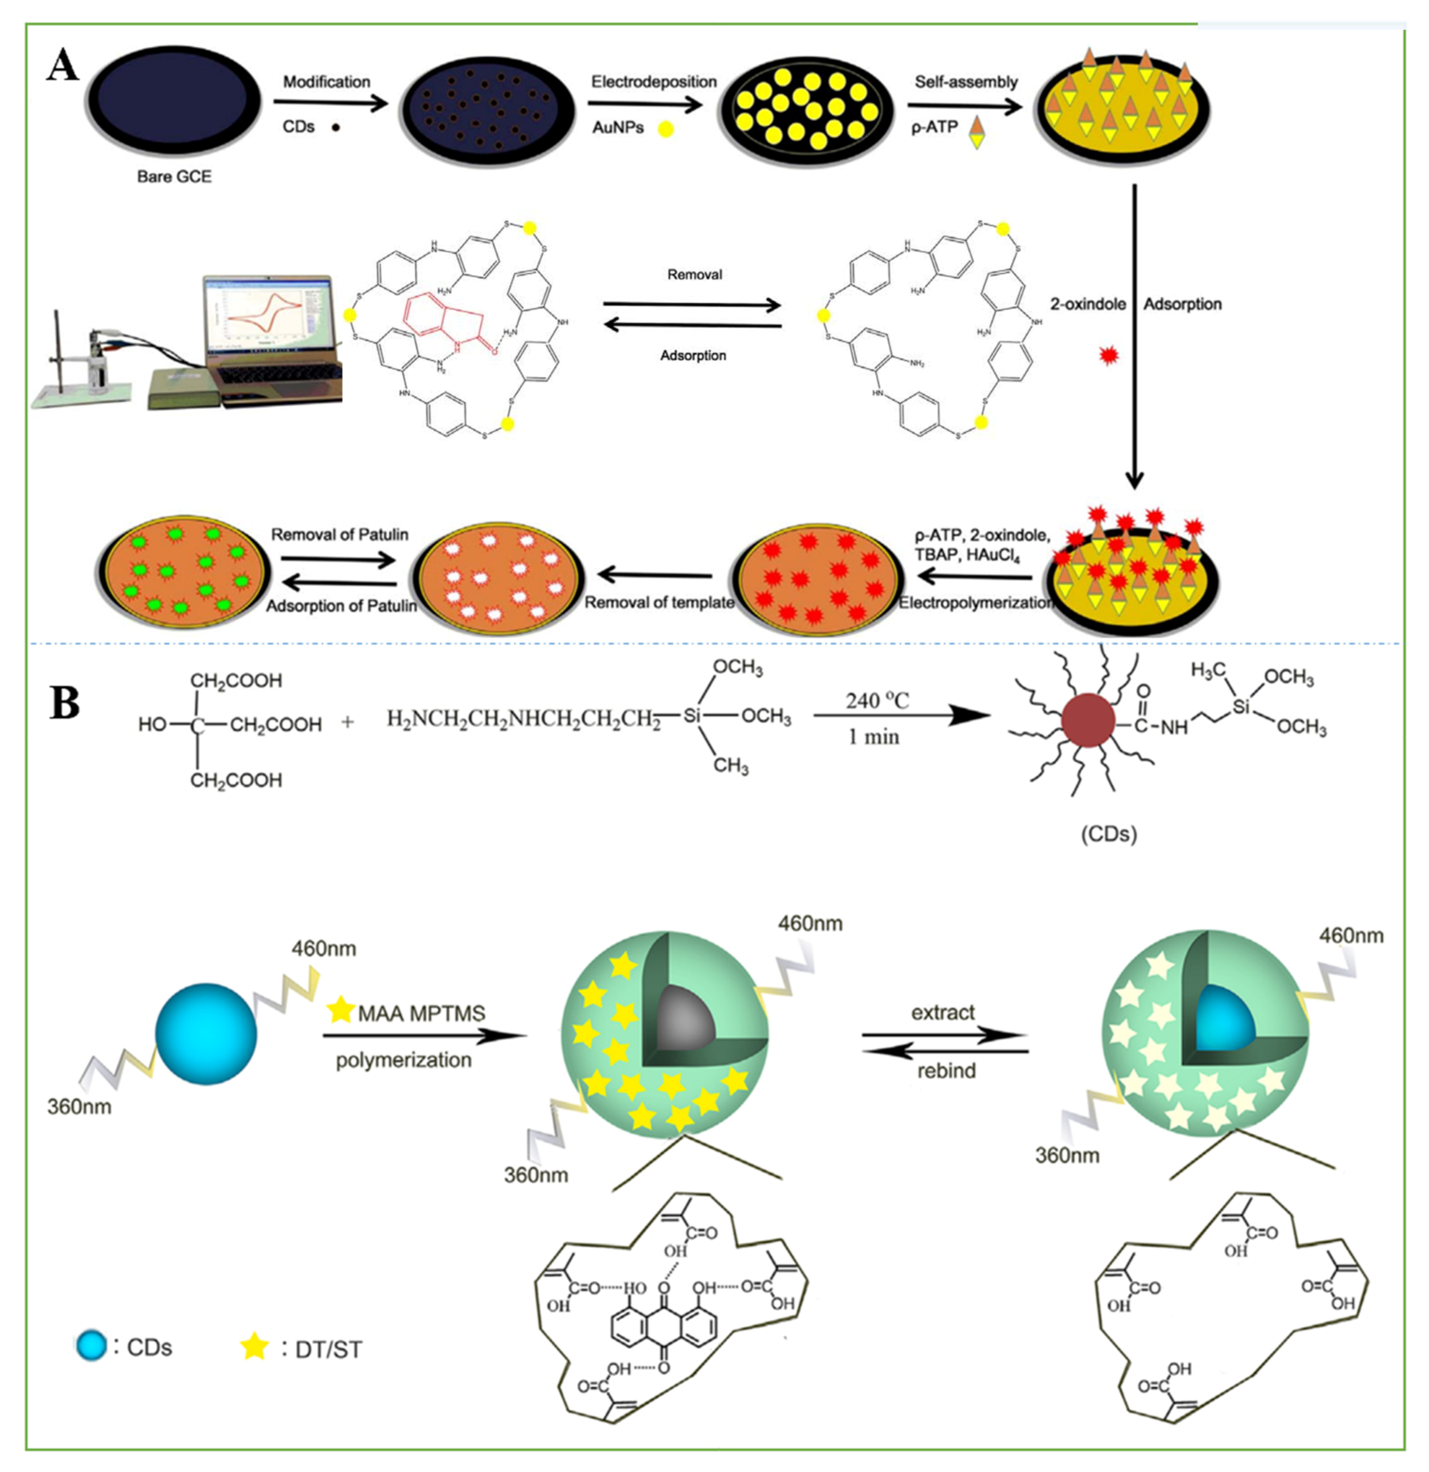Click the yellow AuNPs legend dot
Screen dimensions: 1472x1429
click(665, 129)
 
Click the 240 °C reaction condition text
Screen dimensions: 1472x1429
click(876, 701)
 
